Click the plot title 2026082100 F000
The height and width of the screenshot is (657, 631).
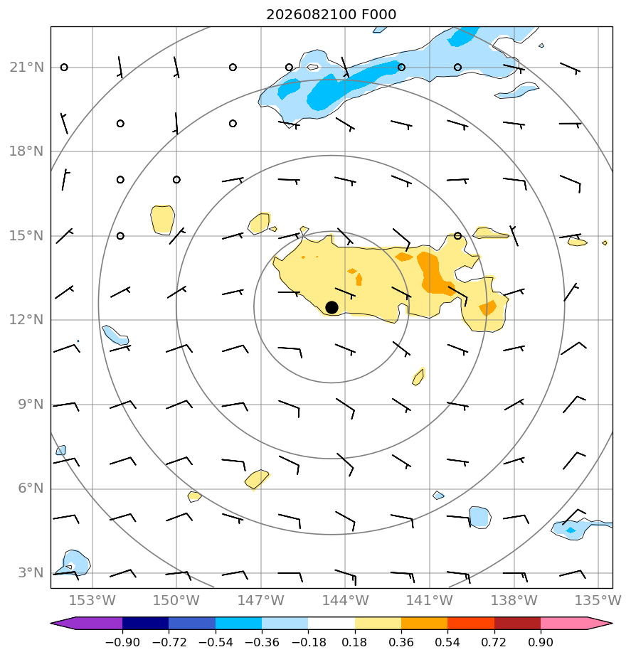point(332,15)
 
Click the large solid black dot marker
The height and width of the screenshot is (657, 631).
point(332,308)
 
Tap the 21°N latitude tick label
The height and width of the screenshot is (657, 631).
point(27,67)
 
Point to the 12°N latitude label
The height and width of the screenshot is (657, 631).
point(27,320)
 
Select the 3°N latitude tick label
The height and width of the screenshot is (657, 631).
point(31,573)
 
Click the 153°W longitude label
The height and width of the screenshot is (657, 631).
point(92,600)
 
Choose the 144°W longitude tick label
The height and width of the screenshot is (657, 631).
point(346,600)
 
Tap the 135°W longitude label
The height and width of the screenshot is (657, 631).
point(598,600)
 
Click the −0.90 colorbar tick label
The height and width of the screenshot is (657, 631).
point(122,642)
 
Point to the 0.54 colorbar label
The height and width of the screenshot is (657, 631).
point(447,642)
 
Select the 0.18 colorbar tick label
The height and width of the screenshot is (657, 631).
point(355,642)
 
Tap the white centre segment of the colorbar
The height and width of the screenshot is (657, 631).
point(332,624)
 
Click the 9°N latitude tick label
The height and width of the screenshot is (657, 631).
point(31,405)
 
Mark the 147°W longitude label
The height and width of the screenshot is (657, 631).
point(261,600)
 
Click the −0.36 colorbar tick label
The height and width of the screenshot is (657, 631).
point(262,642)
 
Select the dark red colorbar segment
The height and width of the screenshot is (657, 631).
point(517,624)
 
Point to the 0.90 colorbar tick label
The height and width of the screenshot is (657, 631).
point(541,642)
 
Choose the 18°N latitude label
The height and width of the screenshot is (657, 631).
point(27,151)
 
